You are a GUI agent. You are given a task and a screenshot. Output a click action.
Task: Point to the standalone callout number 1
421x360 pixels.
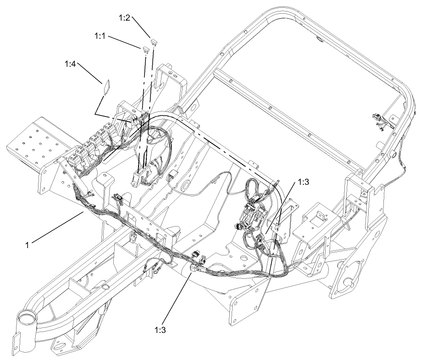[x=28, y=245]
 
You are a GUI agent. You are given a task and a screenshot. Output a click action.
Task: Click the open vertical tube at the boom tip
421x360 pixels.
[x=27, y=318]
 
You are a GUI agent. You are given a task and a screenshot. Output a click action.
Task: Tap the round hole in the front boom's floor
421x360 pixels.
[x=105, y=287]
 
